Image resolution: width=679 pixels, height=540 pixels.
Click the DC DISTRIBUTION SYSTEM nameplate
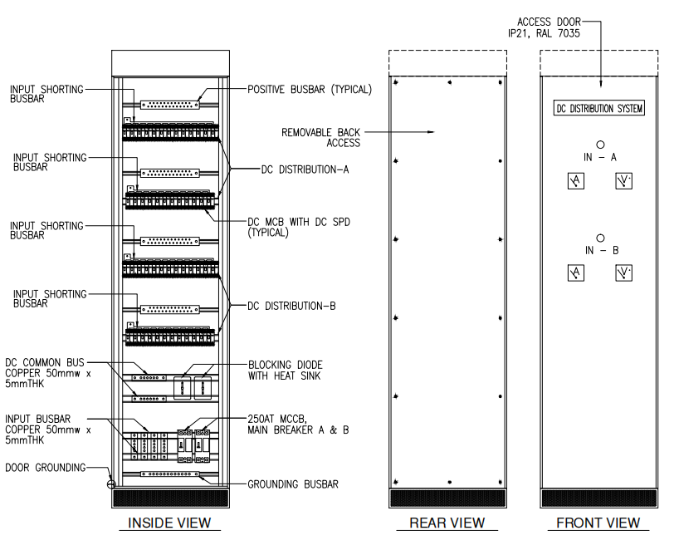click(599, 108)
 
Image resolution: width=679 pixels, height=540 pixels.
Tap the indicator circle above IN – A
click(599, 144)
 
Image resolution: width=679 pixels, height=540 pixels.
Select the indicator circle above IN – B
click(599, 238)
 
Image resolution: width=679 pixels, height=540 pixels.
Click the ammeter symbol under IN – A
click(576, 181)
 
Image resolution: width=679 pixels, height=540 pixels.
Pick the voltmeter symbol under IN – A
click(624, 181)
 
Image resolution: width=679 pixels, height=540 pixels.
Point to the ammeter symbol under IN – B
click(576, 273)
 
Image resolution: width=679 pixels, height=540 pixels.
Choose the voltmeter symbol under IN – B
click(624, 273)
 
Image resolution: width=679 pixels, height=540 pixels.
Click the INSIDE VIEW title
click(169, 523)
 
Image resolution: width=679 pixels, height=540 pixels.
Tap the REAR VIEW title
click(447, 523)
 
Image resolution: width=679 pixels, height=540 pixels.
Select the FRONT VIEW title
click(598, 523)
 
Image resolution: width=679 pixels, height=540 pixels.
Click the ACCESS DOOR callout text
click(549, 27)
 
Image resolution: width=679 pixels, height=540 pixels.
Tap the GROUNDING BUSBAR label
click(293, 484)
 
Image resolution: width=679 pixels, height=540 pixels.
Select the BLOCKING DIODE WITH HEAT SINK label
click(286, 370)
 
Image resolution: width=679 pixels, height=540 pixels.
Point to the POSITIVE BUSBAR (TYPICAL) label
click(309, 90)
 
